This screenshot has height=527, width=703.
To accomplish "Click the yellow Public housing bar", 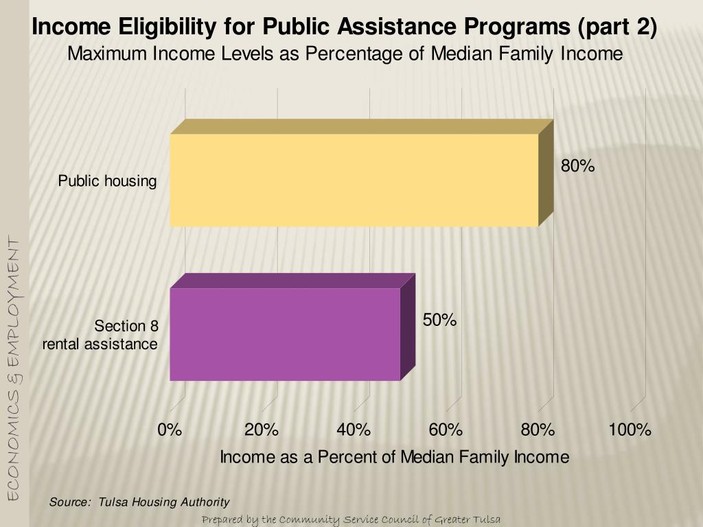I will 354,180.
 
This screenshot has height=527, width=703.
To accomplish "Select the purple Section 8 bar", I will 285,334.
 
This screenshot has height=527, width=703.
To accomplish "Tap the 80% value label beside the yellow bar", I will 577,166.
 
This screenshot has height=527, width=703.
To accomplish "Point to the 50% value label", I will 439,320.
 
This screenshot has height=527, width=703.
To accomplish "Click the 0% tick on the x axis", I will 170,430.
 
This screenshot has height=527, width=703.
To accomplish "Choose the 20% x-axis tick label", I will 262,430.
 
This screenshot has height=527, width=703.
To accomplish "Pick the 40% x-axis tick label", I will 354,430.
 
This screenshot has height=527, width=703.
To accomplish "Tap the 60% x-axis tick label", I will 446,430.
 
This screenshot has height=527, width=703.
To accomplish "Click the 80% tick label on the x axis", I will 538,430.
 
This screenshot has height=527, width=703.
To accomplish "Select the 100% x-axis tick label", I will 630,430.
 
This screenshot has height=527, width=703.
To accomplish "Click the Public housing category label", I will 107,182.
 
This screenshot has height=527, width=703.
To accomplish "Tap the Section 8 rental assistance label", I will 100,335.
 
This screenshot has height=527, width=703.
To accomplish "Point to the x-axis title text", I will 394,457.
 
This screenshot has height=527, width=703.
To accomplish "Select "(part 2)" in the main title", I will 617,27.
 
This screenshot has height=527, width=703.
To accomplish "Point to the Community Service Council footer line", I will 351,519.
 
